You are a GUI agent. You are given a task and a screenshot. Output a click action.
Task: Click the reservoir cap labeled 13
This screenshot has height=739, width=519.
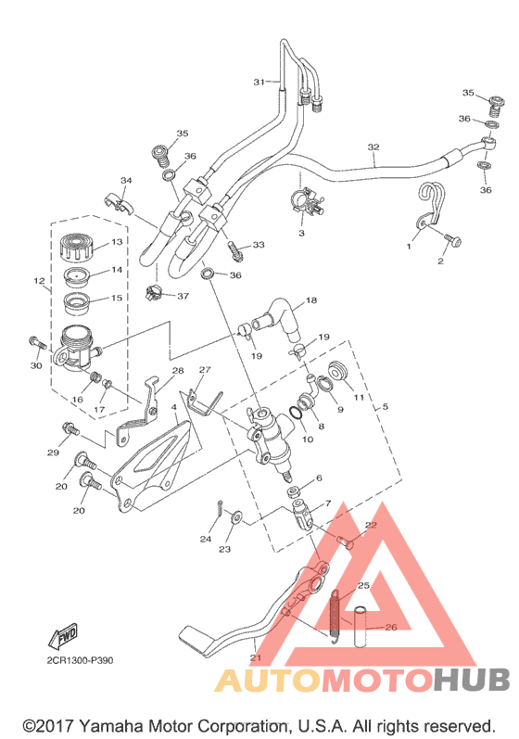[x=77, y=247]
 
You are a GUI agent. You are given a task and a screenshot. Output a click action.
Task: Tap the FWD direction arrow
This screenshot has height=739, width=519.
[x=63, y=636]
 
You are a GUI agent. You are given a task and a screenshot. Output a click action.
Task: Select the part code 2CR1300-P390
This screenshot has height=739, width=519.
[x=80, y=661]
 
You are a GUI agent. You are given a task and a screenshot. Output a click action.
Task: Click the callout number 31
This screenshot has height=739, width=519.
[x=259, y=82]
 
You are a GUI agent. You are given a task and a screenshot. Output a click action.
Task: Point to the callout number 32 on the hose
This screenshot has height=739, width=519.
[x=373, y=147]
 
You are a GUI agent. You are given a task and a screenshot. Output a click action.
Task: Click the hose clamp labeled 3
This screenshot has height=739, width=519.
[x=306, y=201]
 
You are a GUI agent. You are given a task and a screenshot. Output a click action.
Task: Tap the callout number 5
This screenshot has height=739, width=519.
[x=385, y=406]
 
